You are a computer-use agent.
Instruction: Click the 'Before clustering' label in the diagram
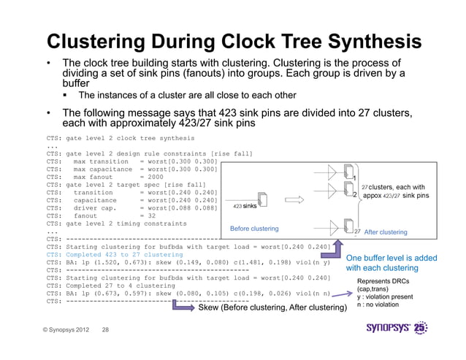255,229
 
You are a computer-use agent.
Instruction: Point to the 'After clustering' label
385,231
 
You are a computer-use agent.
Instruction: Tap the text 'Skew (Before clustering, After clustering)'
272,309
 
